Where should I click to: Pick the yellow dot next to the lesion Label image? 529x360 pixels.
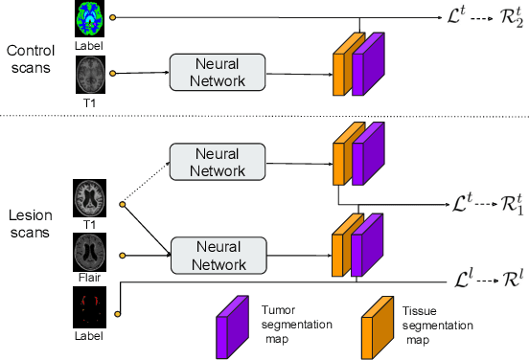coord(117,313)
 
